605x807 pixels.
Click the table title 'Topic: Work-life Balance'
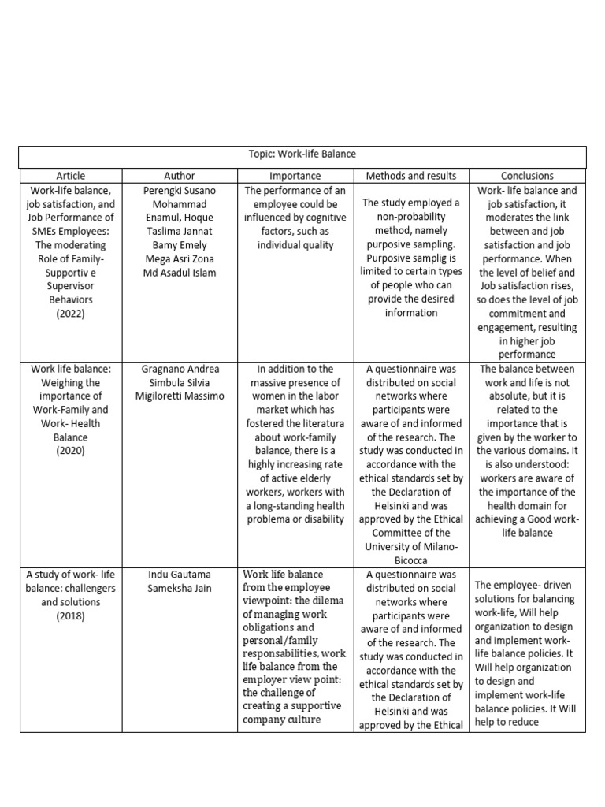click(x=302, y=155)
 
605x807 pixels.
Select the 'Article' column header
click(x=71, y=176)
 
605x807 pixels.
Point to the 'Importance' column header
click(x=295, y=176)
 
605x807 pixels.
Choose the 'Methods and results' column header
click(x=410, y=176)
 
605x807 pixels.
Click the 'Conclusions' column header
click(x=527, y=176)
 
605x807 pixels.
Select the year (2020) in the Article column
click(x=71, y=451)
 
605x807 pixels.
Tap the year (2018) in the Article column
click(x=71, y=615)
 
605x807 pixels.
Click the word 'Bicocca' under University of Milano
click(x=410, y=560)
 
